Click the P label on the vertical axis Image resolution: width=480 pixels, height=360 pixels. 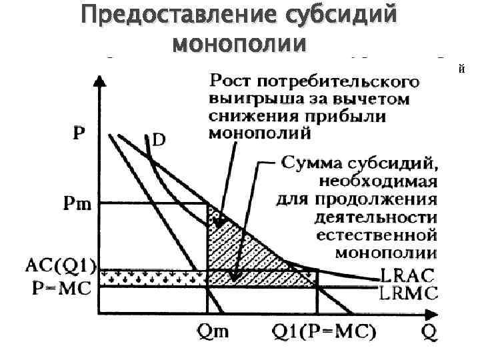tap(79, 133)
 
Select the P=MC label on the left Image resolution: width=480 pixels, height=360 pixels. tap(61, 289)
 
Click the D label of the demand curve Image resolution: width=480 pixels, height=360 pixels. tap(159, 141)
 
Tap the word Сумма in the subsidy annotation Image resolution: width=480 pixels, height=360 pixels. tap(311, 162)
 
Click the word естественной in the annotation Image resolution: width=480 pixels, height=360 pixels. tap(377, 235)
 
